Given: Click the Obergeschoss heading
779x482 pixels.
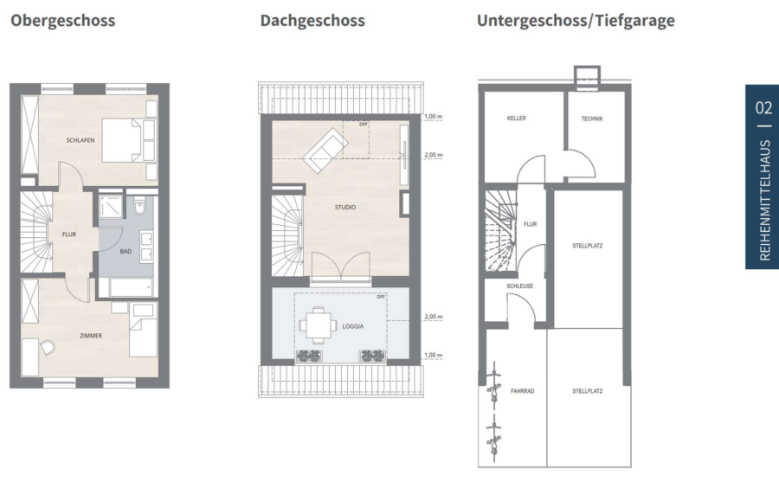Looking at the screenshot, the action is pyautogui.click(x=62, y=21).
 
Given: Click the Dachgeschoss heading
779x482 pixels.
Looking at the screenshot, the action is pyautogui.click(x=312, y=21).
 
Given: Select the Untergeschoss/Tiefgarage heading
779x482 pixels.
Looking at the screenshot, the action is pyautogui.click(x=576, y=21).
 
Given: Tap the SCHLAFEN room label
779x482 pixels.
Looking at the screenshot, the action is pyautogui.click(x=80, y=140).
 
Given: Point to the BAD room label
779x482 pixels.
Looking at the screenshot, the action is pyautogui.click(x=126, y=252).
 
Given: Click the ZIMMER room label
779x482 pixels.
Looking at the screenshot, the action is pyautogui.click(x=91, y=336).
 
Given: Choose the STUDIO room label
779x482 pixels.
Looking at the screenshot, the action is pyautogui.click(x=345, y=207).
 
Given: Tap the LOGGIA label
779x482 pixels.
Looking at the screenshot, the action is pyautogui.click(x=353, y=326).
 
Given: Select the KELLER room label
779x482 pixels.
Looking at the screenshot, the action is pyautogui.click(x=517, y=119).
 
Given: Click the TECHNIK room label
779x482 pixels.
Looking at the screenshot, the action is pyautogui.click(x=592, y=119).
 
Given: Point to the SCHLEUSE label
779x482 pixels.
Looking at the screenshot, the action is pyautogui.click(x=519, y=286).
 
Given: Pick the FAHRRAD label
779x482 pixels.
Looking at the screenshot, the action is pyautogui.click(x=523, y=391).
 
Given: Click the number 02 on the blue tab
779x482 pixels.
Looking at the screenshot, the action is pyautogui.click(x=763, y=108).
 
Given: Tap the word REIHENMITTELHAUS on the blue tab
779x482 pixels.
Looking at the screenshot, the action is pyautogui.click(x=764, y=200).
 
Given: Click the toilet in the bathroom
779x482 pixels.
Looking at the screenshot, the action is pyautogui.click(x=139, y=206).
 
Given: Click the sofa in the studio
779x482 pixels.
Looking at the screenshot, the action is pyautogui.click(x=325, y=150).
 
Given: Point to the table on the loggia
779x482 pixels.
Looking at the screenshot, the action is pyautogui.click(x=318, y=326).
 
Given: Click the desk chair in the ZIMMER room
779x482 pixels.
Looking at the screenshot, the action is pyautogui.click(x=48, y=347).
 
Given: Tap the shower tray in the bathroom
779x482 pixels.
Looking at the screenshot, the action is pyautogui.click(x=110, y=207).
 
